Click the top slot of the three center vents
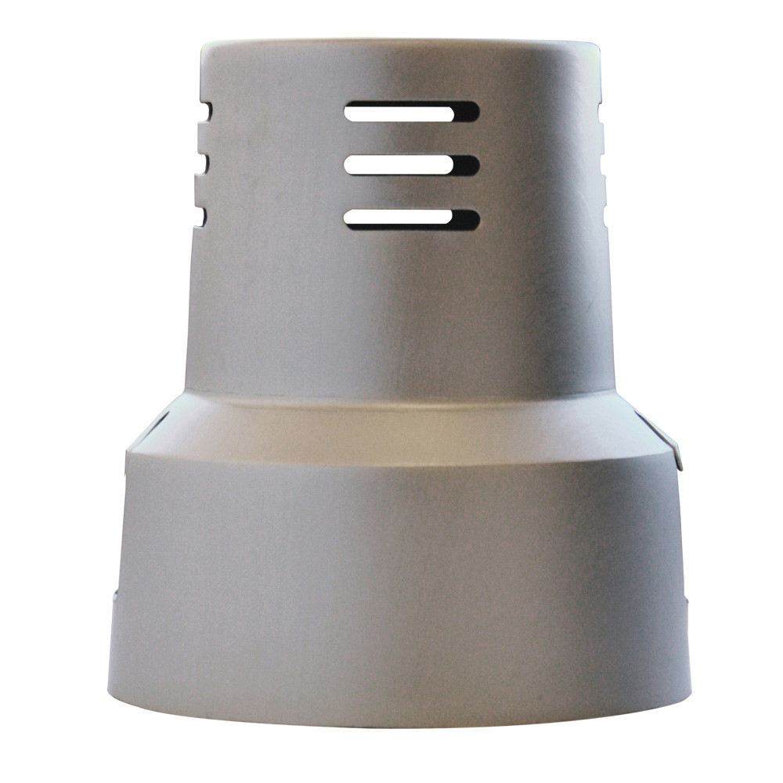pyautogui.click(x=411, y=112)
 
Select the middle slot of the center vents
pyautogui.click(x=411, y=165)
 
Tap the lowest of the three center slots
pyautogui.click(x=411, y=219)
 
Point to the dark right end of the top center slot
pyautogui.click(x=467, y=112)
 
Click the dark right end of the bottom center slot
pyautogui.click(x=467, y=220)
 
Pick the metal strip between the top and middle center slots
pyautogui.click(x=411, y=139)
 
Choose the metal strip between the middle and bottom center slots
pyautogui.click(x=411, y=193)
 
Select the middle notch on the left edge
pyautogui.click(x=202, y=164)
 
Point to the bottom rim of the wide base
pyautogui.click(x=399, y=716)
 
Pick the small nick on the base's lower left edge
pyautogui.click(x=116, y=595)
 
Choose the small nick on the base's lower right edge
pyautogui.click(x=686, y=601)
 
